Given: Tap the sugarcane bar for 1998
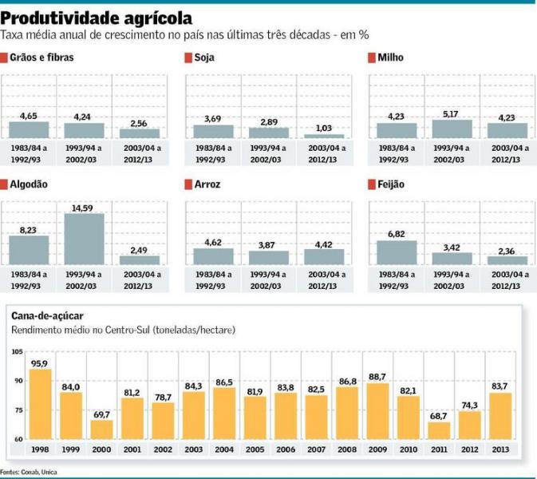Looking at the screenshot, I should click(41, 404).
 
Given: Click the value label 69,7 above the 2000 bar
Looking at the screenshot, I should click(101, 414).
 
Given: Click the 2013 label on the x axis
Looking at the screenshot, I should click(500, 449).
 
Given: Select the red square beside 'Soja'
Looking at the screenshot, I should click(188, 58).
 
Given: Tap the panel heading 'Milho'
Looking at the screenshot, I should click(391, 58).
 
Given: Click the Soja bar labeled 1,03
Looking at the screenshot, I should click(323, 137).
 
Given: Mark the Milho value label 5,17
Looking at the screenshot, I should click(452, 114).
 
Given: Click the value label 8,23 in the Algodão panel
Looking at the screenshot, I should click(29, 229).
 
